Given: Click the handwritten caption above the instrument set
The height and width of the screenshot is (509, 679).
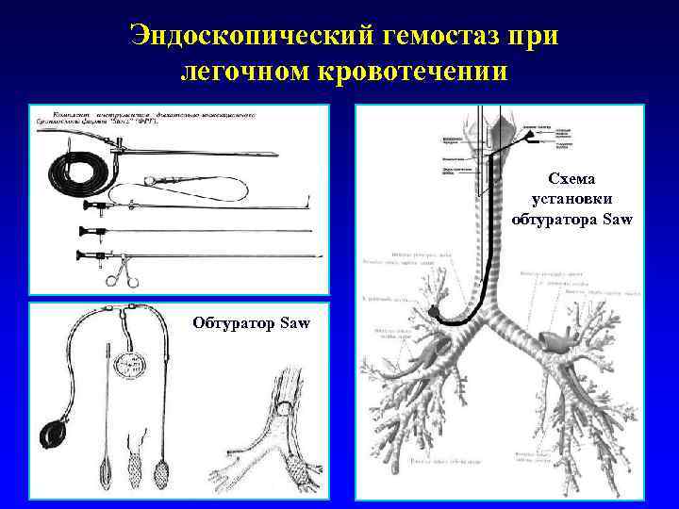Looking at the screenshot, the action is [141, 119].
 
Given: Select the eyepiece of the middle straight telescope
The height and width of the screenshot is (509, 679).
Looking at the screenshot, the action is [84, 231].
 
